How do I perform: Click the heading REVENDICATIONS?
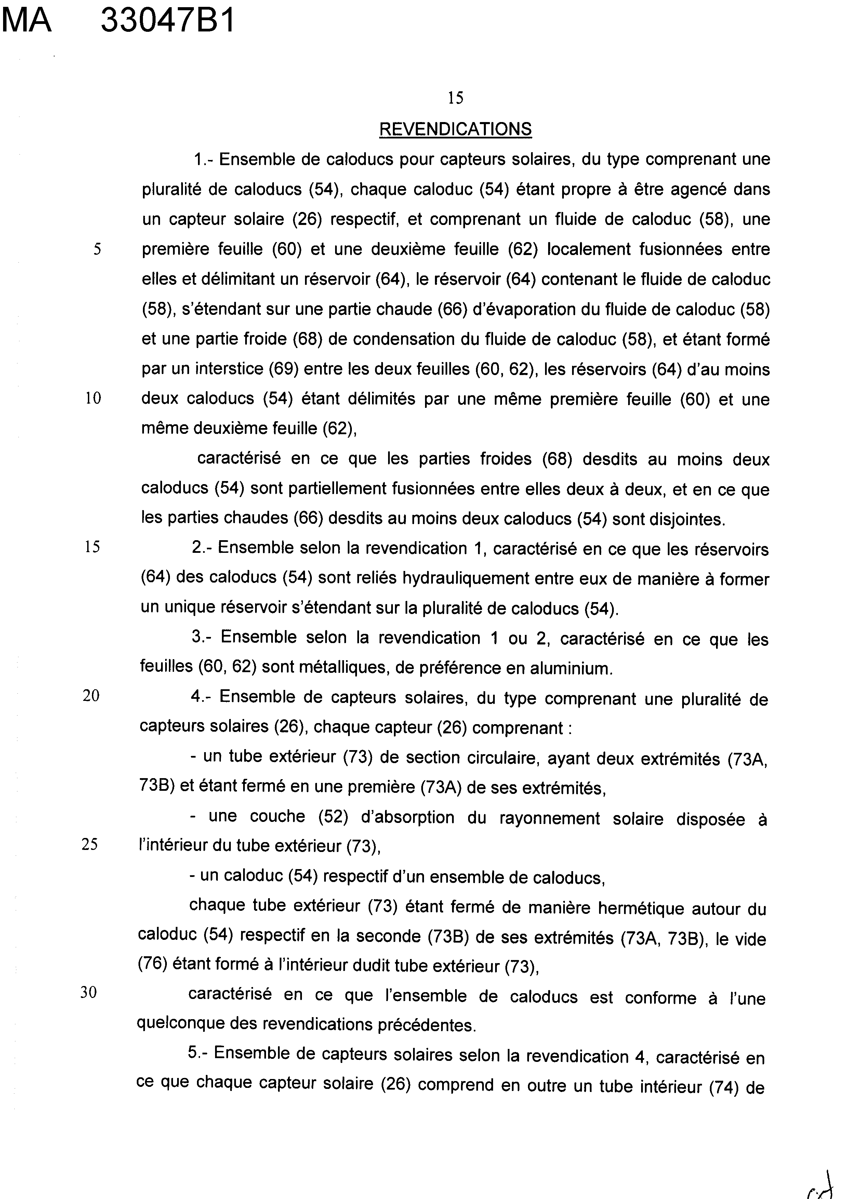point(455,129)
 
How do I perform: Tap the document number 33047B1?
point(168,22)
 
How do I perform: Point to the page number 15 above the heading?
point(455,98)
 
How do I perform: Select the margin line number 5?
point(97,249)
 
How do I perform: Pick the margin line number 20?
point(91,696)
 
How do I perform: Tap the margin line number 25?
point(90,845)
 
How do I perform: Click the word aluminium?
point(571,668)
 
